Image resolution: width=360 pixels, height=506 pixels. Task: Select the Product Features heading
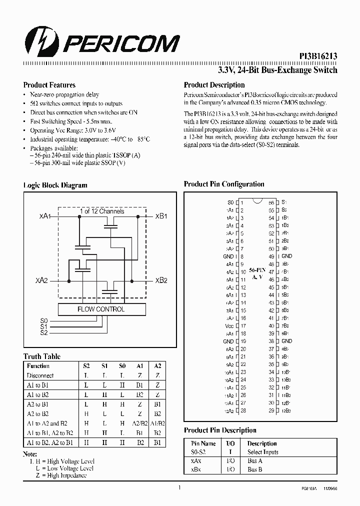(x=49, y=85)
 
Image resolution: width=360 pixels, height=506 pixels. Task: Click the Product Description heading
(x=214, y=85)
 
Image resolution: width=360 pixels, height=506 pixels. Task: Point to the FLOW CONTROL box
(x=101, y=309)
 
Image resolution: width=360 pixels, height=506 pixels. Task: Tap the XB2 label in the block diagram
(x=161, y=280)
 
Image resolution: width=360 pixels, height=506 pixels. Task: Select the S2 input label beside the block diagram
(x=44, y=332)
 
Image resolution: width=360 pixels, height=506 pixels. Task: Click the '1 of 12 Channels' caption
(x=101, y=211)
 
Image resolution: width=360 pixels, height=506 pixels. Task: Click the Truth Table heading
(x=42, y=356)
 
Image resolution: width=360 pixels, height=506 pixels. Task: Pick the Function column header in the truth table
(x=38, y=366)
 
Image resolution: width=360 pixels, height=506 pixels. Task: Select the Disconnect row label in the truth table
(x=40, y=375)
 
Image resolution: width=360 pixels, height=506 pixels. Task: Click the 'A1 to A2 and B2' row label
(x=47, y=423)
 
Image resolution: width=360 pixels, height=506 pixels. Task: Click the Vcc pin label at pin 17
(x=229, y=326)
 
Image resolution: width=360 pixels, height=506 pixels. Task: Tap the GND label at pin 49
(x=286, y=256)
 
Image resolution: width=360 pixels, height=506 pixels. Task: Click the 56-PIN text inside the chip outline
(x=257, y=268)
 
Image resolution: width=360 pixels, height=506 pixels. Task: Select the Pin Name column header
(x=203, y=443)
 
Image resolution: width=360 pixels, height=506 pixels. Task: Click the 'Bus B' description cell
(x=255, y=469)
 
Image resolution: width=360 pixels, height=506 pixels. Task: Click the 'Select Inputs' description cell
(x=263, y=452)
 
